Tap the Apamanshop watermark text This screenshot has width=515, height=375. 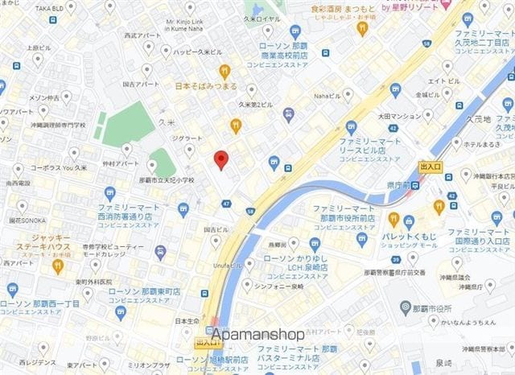(x=257, y=334)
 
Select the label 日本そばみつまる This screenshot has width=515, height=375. (x=206, y=85)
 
